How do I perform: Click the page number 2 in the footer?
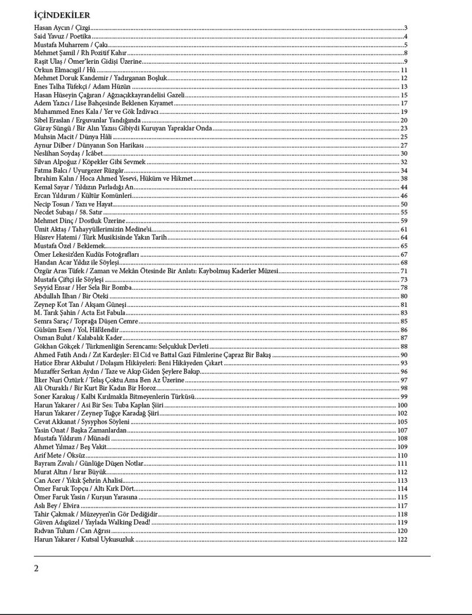pyautogui.click(x=37, y=568)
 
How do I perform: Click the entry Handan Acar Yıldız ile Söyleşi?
pyautogui.click(x=77, y=263)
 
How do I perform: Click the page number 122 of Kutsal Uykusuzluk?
pyautogui.click(x=402, y=539)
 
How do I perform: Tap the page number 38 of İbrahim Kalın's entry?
pyautogui.click(x=404, y=179)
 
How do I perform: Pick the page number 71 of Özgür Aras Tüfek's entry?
pyautogui.click(x=404, y=271)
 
